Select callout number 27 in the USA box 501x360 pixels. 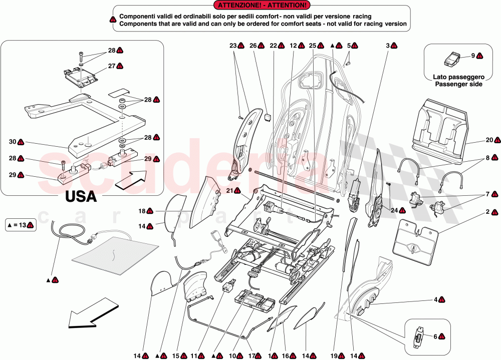(112, 66)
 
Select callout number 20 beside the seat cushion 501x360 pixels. (489, 140)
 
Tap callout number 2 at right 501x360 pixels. (487, 212)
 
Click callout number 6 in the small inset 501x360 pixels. (434, 337)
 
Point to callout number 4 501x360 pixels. (435, 299)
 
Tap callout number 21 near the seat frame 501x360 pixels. (229, 190)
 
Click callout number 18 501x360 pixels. (142, 211)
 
